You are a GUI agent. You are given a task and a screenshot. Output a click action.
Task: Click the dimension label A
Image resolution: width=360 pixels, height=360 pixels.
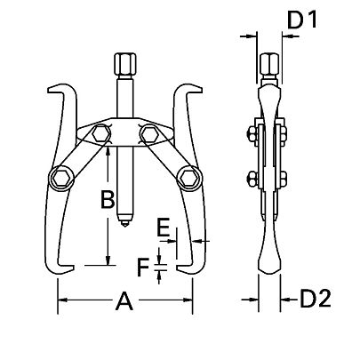click(124, 305)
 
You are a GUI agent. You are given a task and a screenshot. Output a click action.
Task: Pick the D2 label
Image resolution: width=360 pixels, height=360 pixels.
click(313, 297)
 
